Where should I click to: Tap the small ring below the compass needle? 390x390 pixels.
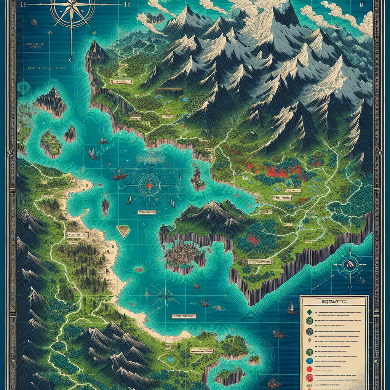tap(71, 60)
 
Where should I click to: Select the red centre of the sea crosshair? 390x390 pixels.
tap(149, 185)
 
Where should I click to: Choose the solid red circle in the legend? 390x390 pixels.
tap(309, 369)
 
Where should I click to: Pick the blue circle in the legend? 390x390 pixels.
tap(309, 360)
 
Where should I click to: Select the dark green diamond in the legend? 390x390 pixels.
tap(309, 312)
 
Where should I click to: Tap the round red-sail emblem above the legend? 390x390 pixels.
tap(349, 263)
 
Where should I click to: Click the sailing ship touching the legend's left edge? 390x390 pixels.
tap(292, 308)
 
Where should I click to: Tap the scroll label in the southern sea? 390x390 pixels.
tap(184, 316)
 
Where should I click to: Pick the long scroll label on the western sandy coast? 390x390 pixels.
tap(77, 235)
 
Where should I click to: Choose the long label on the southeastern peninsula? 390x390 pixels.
tap(261, 262)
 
